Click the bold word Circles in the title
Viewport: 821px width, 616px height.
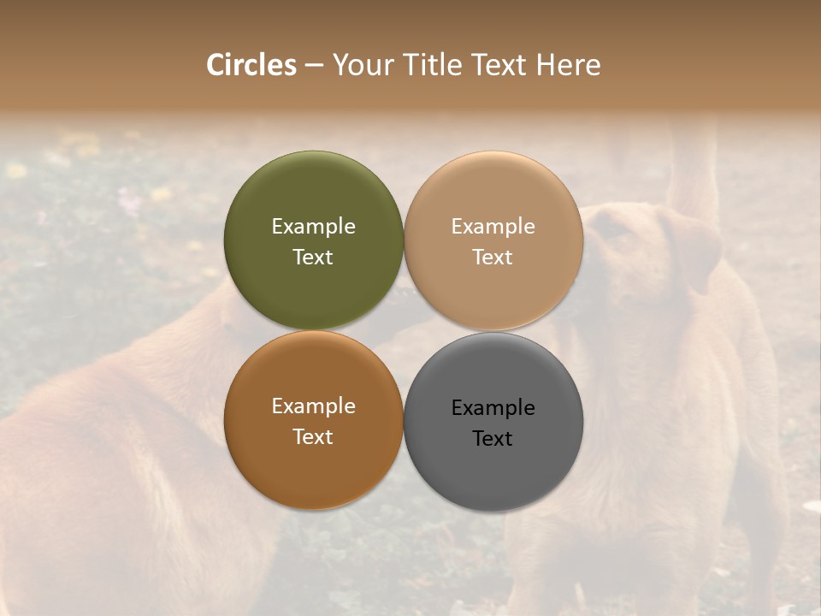point(251,65)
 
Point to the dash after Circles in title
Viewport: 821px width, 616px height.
point(314,66)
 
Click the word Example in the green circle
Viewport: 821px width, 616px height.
point(313,227)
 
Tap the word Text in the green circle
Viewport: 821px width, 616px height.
point(313,258)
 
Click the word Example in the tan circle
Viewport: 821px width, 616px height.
point(493,227)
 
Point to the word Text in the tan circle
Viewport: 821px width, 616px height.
point(493,258)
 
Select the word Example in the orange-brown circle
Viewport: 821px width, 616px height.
point(313,406)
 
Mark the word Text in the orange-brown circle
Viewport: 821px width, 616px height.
point(313,437)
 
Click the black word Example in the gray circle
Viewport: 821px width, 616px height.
point(493,408)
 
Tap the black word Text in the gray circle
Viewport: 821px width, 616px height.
point(493,439)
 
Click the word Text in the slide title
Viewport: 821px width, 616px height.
point(499,65)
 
